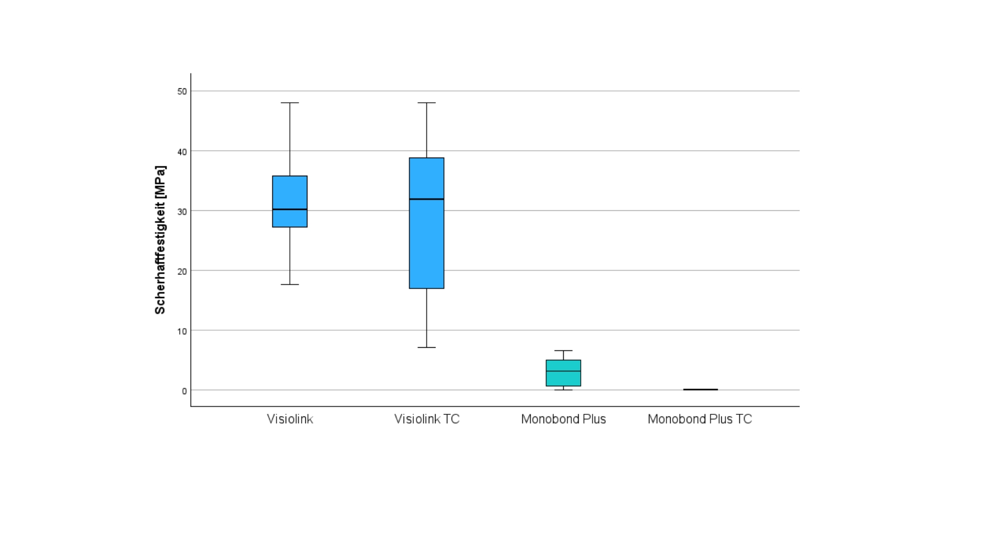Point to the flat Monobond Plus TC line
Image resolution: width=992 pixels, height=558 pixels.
[700, 390]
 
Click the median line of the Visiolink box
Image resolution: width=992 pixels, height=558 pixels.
[290, 209]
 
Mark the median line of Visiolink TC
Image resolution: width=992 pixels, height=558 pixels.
[427, 199]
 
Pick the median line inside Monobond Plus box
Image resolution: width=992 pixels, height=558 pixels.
[563, 371]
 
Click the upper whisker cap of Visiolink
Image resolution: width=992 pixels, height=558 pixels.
[290, 103]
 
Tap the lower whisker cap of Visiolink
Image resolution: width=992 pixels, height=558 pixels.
[290, 284]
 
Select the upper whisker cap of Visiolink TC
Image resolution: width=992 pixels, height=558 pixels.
[427, 103]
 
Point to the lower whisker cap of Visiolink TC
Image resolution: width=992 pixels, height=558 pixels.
[427, 347]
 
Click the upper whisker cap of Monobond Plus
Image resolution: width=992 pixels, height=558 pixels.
[563, 351]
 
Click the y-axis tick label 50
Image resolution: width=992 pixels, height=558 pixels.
[182, 91]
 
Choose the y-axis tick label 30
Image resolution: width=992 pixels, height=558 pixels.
[182, 211]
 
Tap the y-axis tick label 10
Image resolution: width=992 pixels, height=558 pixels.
[182, 331]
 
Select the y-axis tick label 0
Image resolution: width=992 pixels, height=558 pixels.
[184, 391]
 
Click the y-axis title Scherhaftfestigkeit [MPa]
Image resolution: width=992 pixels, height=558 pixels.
[160, 240]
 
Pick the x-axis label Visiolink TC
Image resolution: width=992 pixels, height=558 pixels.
[427, 419]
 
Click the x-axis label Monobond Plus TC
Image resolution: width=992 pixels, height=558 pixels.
[700, 419]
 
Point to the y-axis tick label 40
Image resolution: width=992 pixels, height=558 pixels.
[182, 151]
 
